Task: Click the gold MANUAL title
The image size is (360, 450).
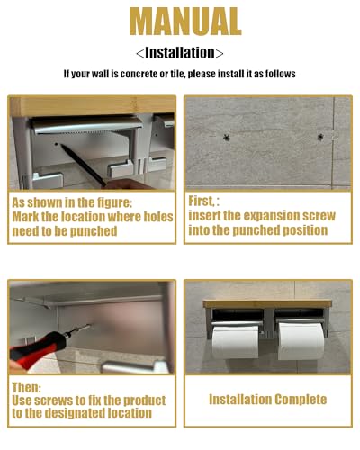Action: pyautogui.click(x=185, y=22)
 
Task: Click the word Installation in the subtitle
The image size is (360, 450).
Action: pyautogui.click(x=180, y=53)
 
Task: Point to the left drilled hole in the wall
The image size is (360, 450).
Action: pyautogui.click(x=227, y=138)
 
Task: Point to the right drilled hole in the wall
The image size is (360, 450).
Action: pyautogui.click(x=320, y=138)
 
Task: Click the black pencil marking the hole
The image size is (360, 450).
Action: pyautogui.click(x=83, y=166)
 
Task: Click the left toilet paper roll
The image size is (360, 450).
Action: pyautogui.click(x=236, y=341)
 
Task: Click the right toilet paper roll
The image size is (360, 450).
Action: pyautogui.click(x=301, y=341)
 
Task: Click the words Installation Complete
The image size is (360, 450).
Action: pyautogui.click(x=267, y=400)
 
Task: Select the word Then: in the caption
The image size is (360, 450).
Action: pyautogui.click(x=26, y=387)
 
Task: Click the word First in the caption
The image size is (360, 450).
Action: pyautogui.click(x=201, y=202)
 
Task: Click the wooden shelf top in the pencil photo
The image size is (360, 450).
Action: pyautogui.click(x=93, y=106)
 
